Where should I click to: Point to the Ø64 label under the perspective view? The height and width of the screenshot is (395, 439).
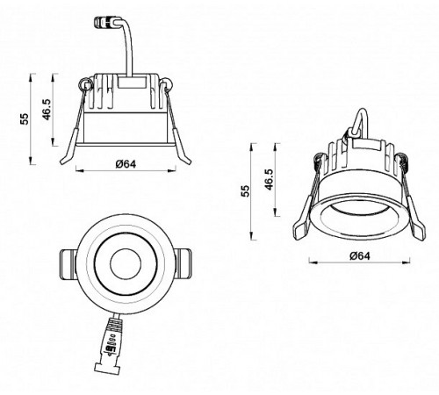(356, 255)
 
